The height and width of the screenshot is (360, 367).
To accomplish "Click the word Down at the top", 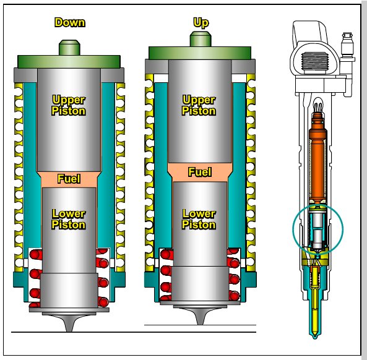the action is tap(70, 22).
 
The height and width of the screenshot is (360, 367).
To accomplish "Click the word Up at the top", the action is tap(201, 23).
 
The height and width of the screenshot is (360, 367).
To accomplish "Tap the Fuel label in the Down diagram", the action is tap(69, 179).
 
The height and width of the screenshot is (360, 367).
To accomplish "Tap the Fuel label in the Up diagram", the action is tap(200, 172).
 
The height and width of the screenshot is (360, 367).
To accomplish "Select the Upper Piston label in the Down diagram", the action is tap(69, 105).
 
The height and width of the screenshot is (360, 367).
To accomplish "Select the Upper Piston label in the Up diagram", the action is tap(199, 105).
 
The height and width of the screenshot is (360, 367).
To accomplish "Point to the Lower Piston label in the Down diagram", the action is tap(69, 219).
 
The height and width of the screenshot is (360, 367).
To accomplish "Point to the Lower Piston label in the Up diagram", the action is tap(199, 219).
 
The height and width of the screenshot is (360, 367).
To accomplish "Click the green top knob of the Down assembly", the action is tap(69, 48).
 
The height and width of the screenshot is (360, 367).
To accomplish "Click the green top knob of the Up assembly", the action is tap(201, 39).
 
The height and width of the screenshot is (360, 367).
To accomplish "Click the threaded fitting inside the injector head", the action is tap(314, 61).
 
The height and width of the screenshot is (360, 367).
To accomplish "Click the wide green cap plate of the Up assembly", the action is tap(200, 53).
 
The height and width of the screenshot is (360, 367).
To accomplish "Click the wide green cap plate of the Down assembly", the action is tap(69, 62).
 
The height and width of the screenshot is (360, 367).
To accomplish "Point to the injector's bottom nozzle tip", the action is tap(315, 336).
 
